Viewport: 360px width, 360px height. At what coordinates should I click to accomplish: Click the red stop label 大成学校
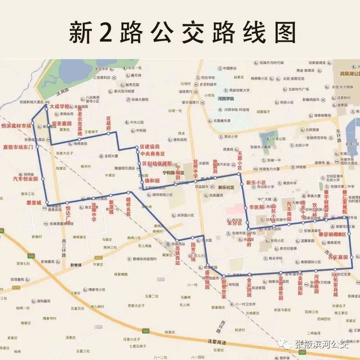click(x=60, y=107)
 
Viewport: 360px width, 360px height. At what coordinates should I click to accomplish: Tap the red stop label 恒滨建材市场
click(x=17, y=126)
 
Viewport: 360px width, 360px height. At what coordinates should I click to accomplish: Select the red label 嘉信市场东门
click(x=18, y=147)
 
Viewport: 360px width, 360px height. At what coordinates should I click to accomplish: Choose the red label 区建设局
click(x=150, y=147)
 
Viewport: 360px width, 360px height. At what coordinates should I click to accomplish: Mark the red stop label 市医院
click(x=257, y=207)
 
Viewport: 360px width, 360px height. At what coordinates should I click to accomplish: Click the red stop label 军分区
click(x=234, y=223)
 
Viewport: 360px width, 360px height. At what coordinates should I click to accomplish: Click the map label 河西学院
click(x=225, y=99)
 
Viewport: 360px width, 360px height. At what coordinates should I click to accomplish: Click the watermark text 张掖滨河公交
click(x=322, y=345)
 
